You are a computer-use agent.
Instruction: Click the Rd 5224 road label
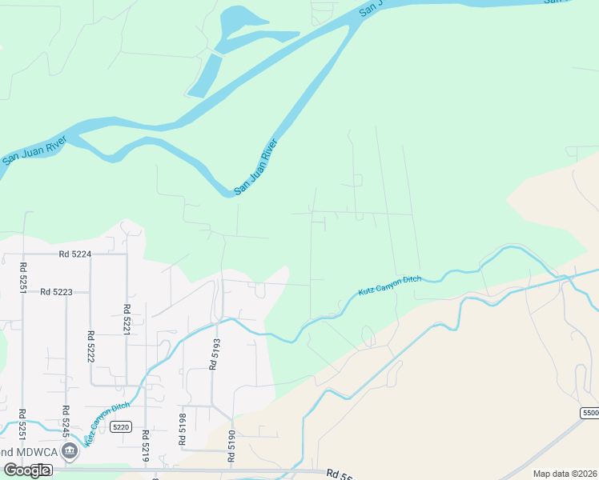(x=75, y=254)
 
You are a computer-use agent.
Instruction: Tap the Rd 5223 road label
(x=56, y=292)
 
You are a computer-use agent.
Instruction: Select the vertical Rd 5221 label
(x=127, y=319)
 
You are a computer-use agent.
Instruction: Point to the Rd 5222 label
(x=90, y=346)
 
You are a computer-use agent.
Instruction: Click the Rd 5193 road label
(x=214, y=352)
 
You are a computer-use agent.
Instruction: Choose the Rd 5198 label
(x=183, y=429)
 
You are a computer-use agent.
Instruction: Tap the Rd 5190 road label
(x=231, y=446)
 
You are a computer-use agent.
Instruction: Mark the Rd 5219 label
(x=146, y=446)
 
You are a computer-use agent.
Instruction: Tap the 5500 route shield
(x=589, y=412)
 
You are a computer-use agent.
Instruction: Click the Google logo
(x=26, y=470)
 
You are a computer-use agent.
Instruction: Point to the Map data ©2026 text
(x=564, y=474)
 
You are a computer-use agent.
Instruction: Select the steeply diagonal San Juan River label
(x=255, y=167)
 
